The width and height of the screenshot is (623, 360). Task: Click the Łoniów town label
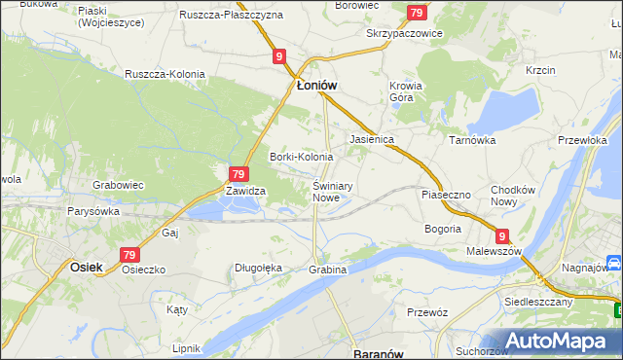[x=316, y=85]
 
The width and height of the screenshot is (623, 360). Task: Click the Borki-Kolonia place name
[x=301, y=157]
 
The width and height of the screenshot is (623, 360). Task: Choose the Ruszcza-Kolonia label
[x=164, y=74]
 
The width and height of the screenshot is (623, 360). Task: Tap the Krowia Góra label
[x=406, y=91]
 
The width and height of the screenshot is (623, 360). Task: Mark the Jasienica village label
[x=371, y=139]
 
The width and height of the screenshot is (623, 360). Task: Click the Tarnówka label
[x=472, y=140]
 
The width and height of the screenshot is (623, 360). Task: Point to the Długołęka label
[x=259, y=268]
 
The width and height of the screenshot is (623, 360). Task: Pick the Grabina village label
[x=328, y=269]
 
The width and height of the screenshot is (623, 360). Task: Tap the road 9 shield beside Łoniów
[x=279, y=57]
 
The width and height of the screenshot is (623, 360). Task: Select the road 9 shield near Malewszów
[x=501, y=235]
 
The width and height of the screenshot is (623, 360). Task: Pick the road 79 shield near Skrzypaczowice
[x=417, y=13]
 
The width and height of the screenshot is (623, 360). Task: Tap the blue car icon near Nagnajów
[x=614, y=264]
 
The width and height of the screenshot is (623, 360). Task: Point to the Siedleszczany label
[x=537, y=302]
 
